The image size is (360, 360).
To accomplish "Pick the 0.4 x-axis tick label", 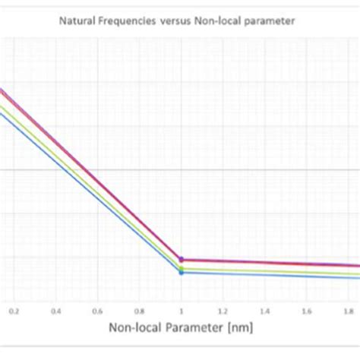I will pos(55,311).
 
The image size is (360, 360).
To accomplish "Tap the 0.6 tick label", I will pos(97,311).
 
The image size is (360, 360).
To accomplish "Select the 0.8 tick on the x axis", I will pos(139,311).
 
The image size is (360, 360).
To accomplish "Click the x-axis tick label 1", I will pos(181,311).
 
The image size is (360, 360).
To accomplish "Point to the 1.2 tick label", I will pos(223,311).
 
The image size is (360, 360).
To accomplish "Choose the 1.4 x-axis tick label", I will pos(264,311).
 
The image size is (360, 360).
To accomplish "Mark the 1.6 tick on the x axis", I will pos(306,311).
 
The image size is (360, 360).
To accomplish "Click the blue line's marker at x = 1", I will pos(181,272).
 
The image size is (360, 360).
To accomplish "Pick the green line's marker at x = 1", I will pos(181,267).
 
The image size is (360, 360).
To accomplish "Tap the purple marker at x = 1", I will pos(181,259).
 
